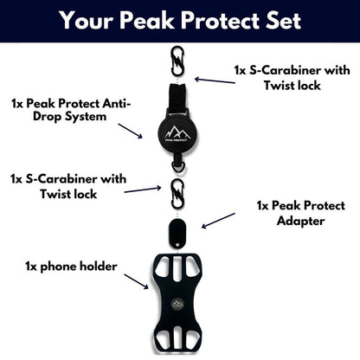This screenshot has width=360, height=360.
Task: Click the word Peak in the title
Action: (x=146, y=21)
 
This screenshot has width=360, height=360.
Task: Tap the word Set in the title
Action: (x=283, y=21)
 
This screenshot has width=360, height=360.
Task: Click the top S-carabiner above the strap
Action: (x=177, y=61)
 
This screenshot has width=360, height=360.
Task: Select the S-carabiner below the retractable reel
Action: (x=177, y=194)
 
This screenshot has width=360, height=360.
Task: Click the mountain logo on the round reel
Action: (x=177, y=133)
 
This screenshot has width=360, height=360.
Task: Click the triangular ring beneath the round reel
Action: (x=177, y=166)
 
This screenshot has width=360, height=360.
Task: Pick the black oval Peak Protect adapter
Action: (x=177, y=234)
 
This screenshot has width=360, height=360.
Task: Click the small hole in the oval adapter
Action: (x=177, y=245)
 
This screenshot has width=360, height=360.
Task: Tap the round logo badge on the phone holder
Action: (x=177, y=305)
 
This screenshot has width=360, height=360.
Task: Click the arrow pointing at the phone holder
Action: (x=136, y=281)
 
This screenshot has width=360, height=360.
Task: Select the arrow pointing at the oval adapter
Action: (x=218, y=221)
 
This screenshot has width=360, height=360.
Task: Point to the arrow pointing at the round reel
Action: (x=130, y=131)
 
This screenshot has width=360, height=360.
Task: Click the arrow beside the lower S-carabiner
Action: (x=143, y=190)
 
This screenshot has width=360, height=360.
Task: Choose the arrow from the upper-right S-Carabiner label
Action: (x=215, y=80)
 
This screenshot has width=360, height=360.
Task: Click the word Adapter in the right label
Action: (x=300, y=222)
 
